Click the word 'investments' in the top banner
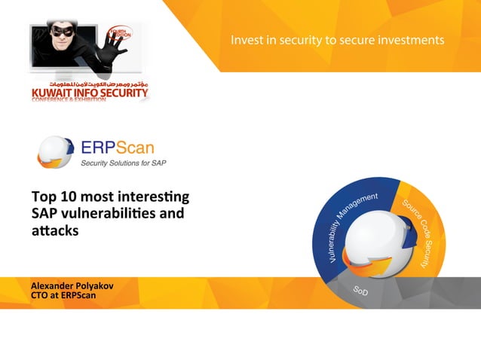pyautogui.click(x=411, y=38)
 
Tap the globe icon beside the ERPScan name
pyautogui.click(x=55, y=150)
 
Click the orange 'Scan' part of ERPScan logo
pyautogui.click(x=131, y=145)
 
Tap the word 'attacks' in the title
pyautogui.click(x=54, y=230)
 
